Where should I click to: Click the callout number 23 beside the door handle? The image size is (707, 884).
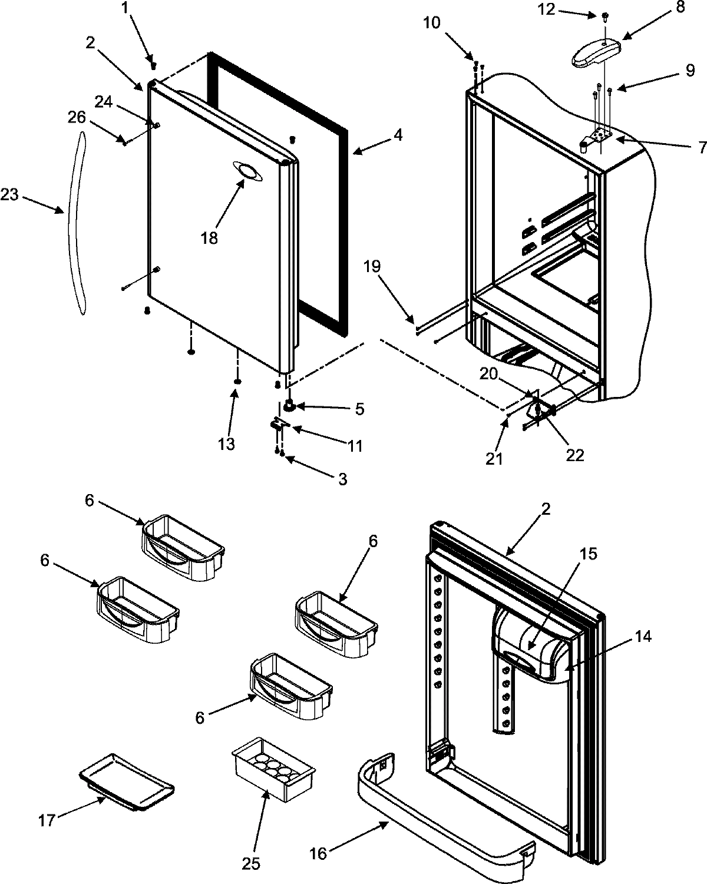(10, 195)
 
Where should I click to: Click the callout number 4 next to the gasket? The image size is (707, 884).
(398, 135)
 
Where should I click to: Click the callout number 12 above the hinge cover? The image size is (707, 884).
(547, 10)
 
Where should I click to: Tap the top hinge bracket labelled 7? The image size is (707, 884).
(599, 137)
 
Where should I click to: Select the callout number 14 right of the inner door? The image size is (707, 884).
(644, 637)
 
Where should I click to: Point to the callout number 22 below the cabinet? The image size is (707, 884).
(574, 455)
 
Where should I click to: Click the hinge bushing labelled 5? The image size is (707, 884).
(289, 405)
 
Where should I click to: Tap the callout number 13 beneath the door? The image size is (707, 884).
(226, 443)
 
